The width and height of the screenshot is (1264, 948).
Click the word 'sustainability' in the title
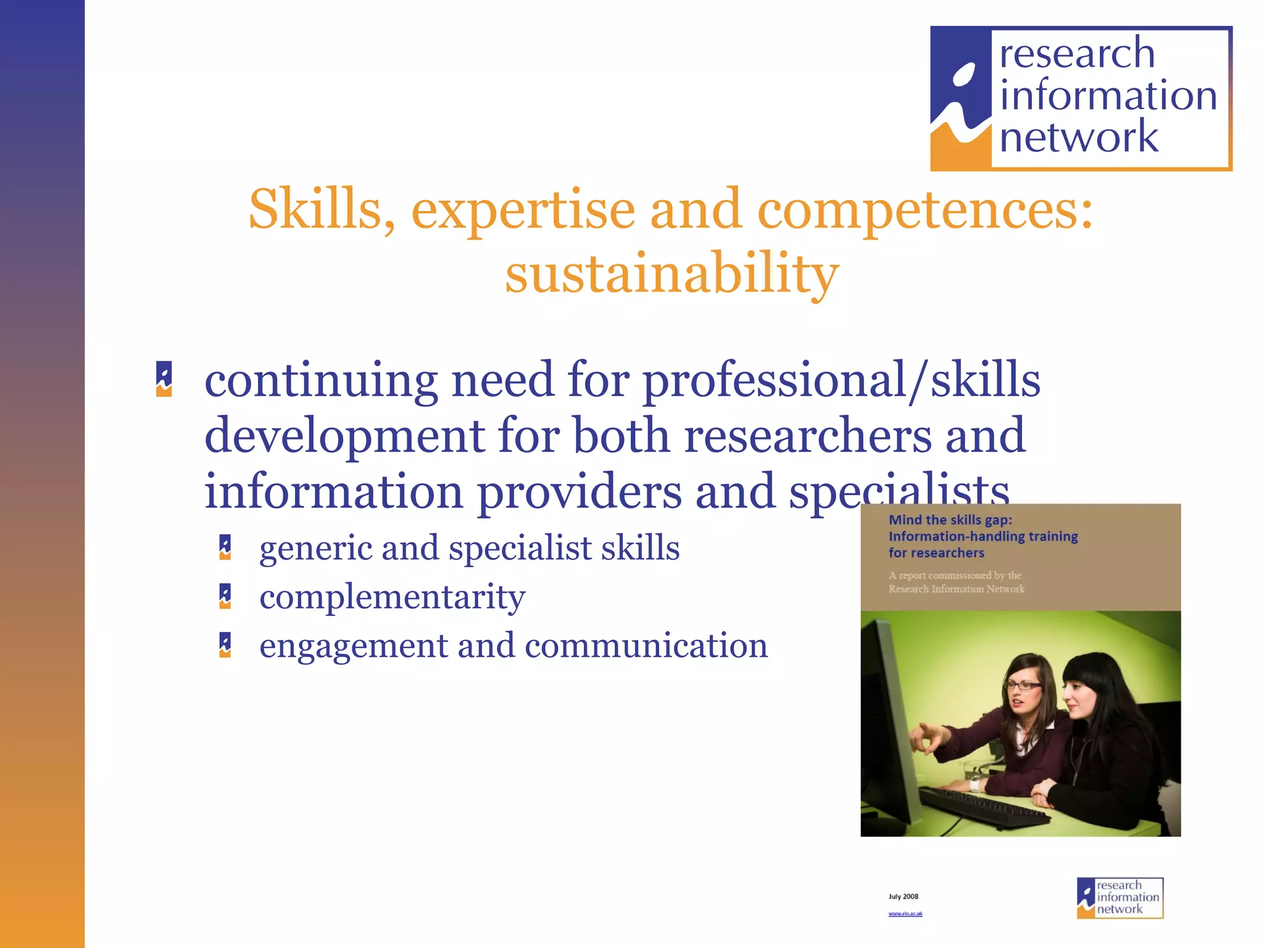point(671,273)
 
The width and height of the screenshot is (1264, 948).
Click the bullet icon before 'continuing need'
point(164,379)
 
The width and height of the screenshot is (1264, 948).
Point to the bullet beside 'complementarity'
point(225,596)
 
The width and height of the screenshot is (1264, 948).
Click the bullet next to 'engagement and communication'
point(225,645)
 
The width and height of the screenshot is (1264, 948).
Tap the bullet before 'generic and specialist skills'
point(225,547)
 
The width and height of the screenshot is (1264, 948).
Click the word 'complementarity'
point(393,597)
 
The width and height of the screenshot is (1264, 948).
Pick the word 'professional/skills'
point(841,381)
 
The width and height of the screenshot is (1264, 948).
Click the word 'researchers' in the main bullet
point(808,436)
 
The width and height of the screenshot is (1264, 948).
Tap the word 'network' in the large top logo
point(1079,137)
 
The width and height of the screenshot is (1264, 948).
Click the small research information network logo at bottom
point(1120,898)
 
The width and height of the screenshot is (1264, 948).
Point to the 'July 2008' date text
point(903,896)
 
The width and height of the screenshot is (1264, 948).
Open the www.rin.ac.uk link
point(905,913)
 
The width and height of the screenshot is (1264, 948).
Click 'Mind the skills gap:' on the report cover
point(950,520)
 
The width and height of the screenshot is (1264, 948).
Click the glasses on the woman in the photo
point(1023,684)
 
